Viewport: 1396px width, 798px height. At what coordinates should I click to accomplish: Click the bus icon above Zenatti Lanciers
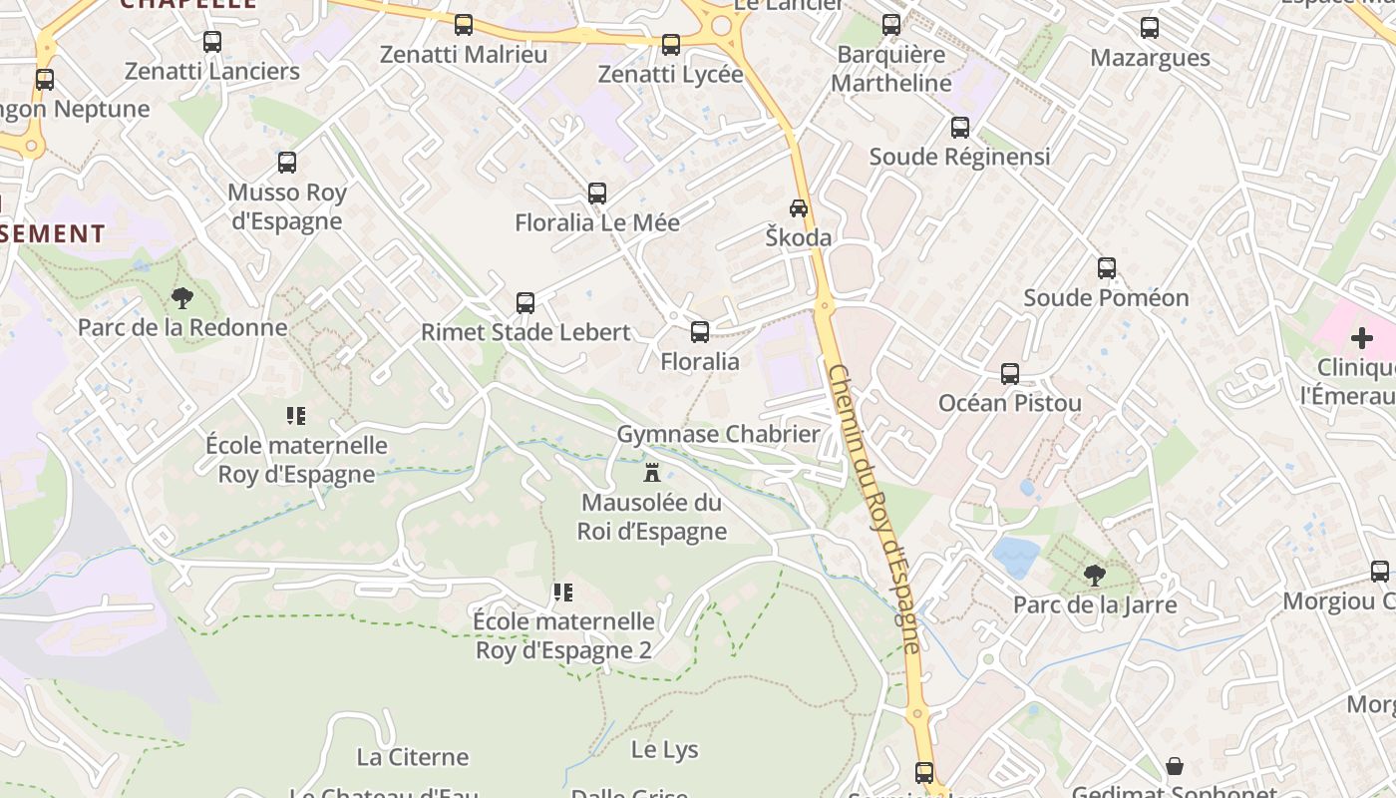click(x=212, y=42)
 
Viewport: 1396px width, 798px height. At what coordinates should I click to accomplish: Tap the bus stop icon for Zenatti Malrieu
click(x=464, y=25)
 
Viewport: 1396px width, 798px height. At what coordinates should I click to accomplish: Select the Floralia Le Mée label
click(x=597, y=222)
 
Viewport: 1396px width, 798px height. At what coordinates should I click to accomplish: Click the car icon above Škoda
click(x=799, y=208)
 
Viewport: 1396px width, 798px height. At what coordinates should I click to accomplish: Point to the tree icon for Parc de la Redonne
click(x=181, y=297)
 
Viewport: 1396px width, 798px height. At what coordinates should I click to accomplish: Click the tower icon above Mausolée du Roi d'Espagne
click(x=652, y=472)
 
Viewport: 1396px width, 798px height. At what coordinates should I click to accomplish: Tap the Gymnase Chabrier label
click(x=718, y=434)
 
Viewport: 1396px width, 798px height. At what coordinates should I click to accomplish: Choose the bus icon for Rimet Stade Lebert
click(x=525, y=303)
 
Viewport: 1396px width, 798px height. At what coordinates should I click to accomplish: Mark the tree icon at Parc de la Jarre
click(x=1095, y=575)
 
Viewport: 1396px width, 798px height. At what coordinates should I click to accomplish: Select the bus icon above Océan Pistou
click(x=1010, y=374)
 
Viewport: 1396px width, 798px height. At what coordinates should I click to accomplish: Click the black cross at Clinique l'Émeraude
click(x=1362, y=339)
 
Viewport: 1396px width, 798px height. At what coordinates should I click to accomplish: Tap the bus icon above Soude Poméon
click(x=1107, y=268)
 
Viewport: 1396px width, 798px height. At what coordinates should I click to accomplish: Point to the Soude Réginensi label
click(x=959, y=157)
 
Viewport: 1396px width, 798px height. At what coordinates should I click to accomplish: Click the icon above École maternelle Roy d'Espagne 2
click(x=563, y=594)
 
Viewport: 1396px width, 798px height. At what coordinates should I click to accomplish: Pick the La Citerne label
click(x=413, y=757)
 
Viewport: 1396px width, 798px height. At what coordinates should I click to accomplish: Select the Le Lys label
click(x=665, y=749)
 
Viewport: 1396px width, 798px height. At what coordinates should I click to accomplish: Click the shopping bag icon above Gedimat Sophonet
click(x=1175, y=766)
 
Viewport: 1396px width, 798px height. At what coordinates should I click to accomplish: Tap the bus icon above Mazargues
click(x=1150, y=28)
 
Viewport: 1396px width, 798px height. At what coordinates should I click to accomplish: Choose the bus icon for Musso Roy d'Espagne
click(x=287, y=163)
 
